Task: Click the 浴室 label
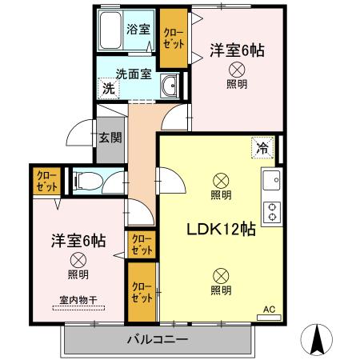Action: (x=138, y=30)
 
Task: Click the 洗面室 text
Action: (x=134, y=74)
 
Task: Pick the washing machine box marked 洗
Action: (x=107, y=89)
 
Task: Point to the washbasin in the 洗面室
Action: (x=169, y=87)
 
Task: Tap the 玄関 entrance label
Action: (x=110, y=137)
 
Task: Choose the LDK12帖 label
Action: (x=221, y=229)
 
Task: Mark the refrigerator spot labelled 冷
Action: (x=262, y=146)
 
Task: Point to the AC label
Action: (x=269, y=307)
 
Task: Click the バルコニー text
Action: (x=158, y=341)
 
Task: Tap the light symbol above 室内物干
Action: (x=78, y=259)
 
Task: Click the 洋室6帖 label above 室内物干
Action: (x=78, y=239)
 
